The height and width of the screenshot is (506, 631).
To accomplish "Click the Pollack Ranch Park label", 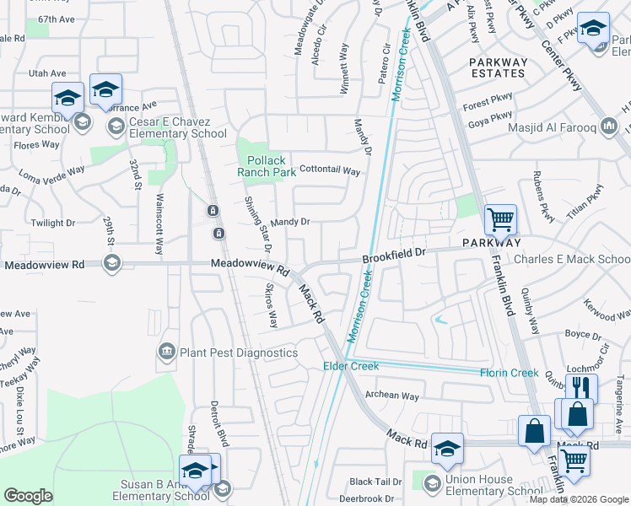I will (270, 166).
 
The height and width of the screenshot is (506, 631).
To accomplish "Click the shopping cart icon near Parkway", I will (500, 220).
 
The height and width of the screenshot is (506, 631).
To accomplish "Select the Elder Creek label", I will (352, 366).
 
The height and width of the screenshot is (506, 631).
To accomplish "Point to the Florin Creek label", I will (509, 373).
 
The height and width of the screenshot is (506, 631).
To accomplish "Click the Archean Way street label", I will (392, 396).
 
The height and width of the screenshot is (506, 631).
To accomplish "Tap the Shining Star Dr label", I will (256, 223).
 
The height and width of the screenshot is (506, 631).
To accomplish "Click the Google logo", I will (28, 496).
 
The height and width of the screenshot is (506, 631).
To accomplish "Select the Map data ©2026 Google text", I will (579, 499).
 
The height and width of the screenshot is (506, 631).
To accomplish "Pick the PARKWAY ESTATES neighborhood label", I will (498, 67).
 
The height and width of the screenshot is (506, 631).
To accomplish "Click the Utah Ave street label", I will (47, 74).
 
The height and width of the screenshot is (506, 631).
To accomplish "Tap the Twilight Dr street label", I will (53, 223).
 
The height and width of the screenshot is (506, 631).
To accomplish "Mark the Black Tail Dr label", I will (375, 482).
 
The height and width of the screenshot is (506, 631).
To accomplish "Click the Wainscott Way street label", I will (159, 225).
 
